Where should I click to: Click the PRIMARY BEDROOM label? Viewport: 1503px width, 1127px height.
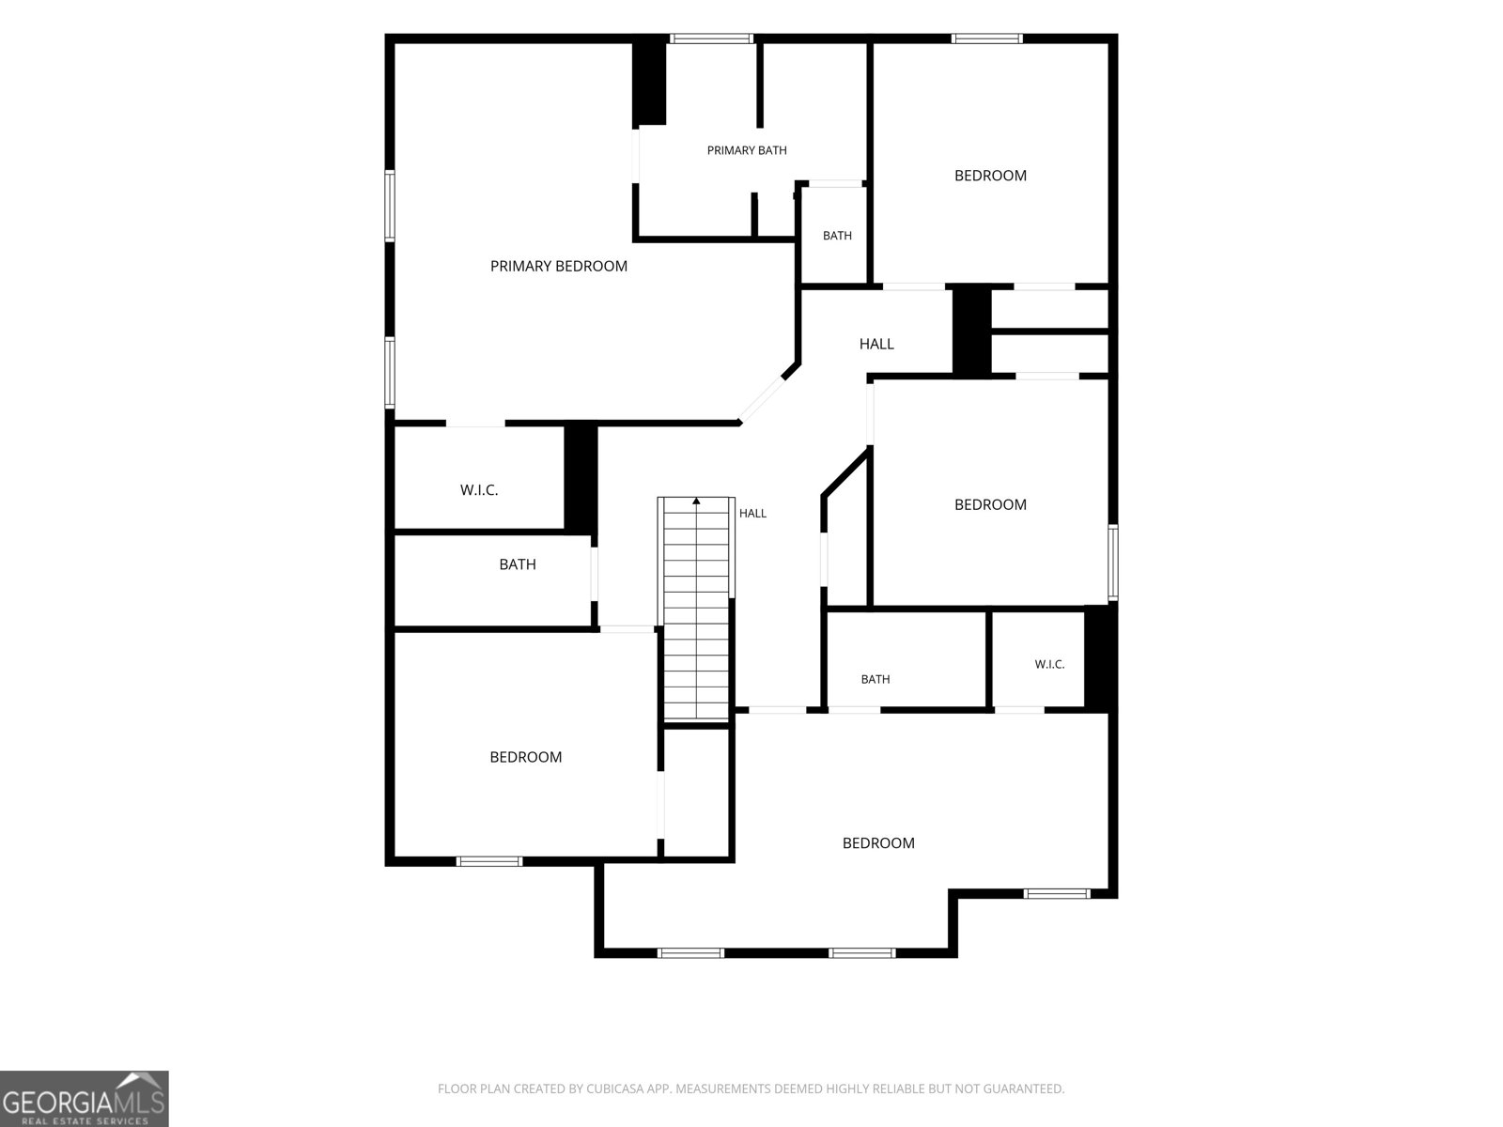click(559, 266)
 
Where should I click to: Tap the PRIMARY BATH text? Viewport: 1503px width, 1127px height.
click(747, 150)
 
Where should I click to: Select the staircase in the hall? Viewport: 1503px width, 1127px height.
click(696, 609)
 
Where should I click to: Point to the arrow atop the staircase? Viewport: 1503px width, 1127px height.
click(696, 501)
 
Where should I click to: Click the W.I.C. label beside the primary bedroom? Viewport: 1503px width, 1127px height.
click(479, 490)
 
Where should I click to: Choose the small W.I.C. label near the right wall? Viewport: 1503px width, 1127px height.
click(1049, 664)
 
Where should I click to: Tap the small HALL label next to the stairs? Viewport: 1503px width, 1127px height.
click(752, 513)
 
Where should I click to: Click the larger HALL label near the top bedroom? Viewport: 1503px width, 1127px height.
click(876, 344)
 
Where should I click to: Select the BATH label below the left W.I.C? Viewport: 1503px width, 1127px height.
click(518, 564)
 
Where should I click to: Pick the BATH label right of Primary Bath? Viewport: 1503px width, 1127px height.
click(837, 236)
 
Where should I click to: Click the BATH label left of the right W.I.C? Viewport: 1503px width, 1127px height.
click(875, 679)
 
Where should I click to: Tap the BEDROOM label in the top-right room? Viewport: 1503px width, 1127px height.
click(991, 176)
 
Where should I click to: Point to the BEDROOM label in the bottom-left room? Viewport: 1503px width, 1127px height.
click(526, 757)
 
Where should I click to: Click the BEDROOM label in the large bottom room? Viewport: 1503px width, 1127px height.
click(878, 843)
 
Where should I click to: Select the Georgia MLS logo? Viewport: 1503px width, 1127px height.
click(85, 1099)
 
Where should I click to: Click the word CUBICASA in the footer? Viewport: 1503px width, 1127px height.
click(614, 1088)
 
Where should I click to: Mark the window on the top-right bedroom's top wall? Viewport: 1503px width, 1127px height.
click(986, 39)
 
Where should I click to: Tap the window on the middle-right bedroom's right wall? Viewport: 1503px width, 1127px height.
click(1113, 563)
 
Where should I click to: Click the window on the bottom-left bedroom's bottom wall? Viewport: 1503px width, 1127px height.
click(489, 861)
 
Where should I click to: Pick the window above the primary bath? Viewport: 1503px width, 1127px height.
click(711, 39)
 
